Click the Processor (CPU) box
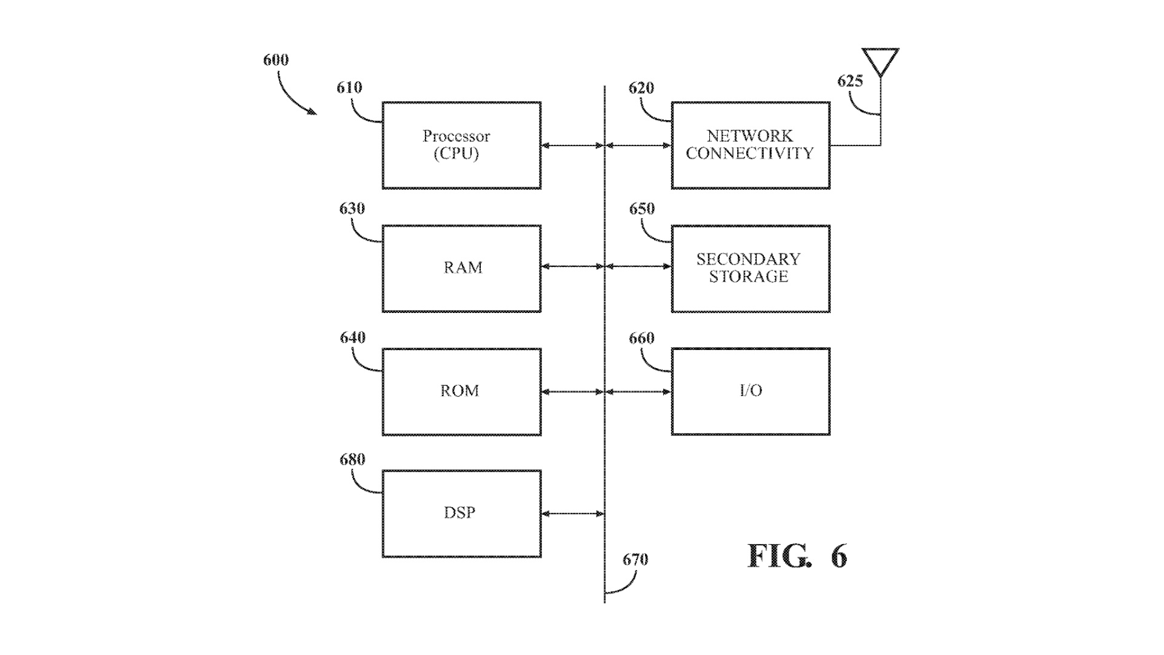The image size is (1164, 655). point(461,146)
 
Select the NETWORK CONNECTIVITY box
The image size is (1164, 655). point(751,146)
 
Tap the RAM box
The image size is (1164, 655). point(461,269)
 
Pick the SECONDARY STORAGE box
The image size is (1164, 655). point(751,269)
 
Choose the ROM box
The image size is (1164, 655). point(461,392)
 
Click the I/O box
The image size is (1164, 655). point(751,392)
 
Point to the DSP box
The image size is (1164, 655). point(461,514)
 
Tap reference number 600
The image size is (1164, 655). point(276,60)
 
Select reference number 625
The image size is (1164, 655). point(850,81)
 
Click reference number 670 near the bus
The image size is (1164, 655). point(635,559)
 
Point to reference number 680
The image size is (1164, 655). point(352,460)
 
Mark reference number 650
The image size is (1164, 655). point(641,209)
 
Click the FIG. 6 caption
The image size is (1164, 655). point(797,556)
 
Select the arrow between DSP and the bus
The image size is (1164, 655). point(572,514)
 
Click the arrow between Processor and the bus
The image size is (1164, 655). point(572,146)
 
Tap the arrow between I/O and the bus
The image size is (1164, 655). point(638,392)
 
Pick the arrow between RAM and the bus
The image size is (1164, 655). point(572,266)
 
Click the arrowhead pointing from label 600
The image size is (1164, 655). point(312,112)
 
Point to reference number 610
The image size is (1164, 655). point(349,88)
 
